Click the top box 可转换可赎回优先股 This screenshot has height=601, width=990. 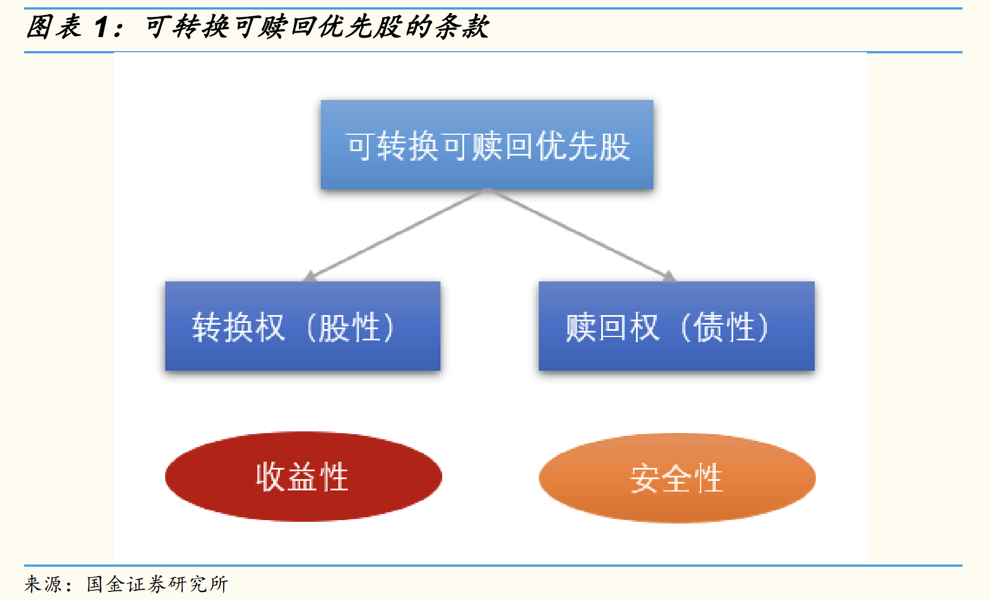coord(487,144)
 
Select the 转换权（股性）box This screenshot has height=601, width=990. coord(302,326)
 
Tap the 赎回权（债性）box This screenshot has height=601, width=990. coord(676,326)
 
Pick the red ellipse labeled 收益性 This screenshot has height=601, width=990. coord(303,476)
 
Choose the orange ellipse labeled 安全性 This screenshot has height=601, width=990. coord(676,478)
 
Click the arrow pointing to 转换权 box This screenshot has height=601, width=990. coord(393,235)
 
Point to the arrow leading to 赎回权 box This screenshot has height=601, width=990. coord(579,234)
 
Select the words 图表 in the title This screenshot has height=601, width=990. coord(54,27)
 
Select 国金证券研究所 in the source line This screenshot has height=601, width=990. coord(157,584)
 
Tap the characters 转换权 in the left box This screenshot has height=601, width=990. coord(238,327)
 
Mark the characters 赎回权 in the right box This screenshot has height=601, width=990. coord(612,327)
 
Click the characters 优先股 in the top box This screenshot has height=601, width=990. coord(583,147)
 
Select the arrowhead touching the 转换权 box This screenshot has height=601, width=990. coord(310,276)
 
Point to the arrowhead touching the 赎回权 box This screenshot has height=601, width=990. coord(669,276)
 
